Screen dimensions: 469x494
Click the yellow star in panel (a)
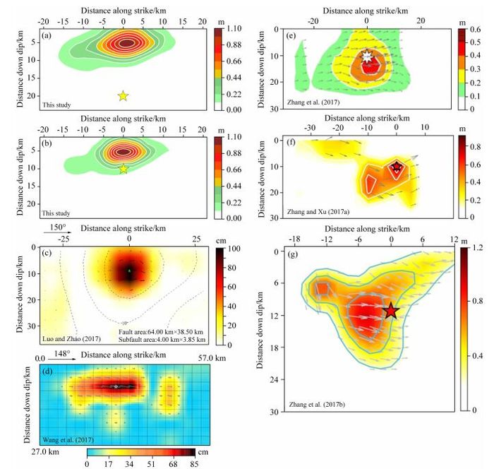(x=123, y=95)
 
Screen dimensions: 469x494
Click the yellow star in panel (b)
(x=123, y=169)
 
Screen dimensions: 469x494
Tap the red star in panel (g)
(x=391, y=311)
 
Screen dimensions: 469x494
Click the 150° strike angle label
(x=63, y=229)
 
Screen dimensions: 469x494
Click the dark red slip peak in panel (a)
(x=124, y=42)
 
